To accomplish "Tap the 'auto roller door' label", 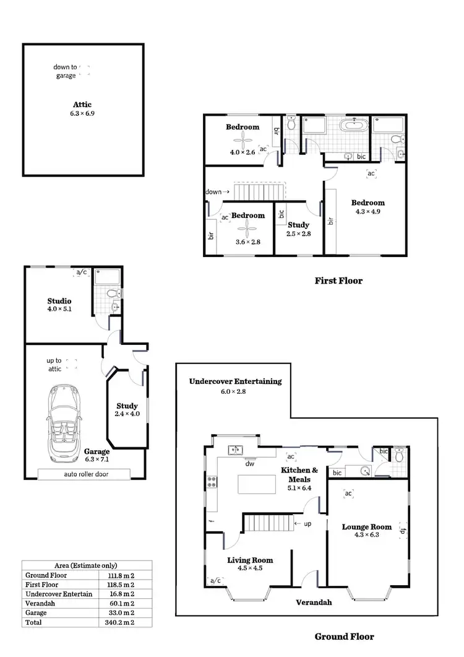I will pyautogui.click(x=84, y=474).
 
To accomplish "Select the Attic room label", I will pyautogui.click(x=82, y=105).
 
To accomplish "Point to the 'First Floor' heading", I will pyautogui.click(x=338, y=281).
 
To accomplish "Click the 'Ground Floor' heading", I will pyautogui.click(x=344, y=636).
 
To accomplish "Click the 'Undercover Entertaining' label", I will pyautogui.click(x=235, y=381).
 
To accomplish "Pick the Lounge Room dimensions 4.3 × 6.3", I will pyautogui.click(x=367, y=535).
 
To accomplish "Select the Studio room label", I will pyautogui.click(x=59, y=301).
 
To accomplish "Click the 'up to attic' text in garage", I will pyautogui.click(x=54, y=365).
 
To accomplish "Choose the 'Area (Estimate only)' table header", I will pyautogui.click(x=86, y=565).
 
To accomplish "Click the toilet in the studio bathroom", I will pyautogui.click(x=113, y=294).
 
